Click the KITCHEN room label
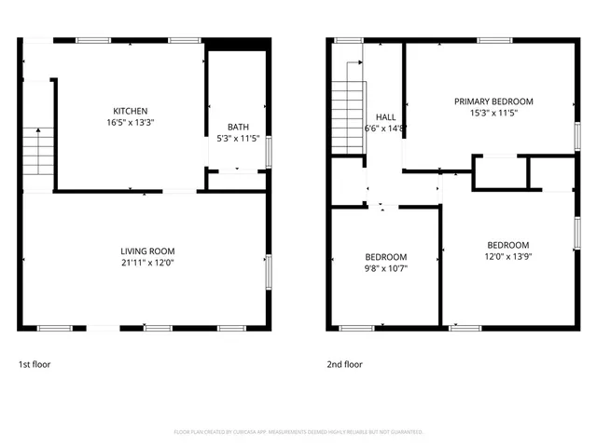(131, 111)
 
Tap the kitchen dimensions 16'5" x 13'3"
(131, 122)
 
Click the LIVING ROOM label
(147, 251)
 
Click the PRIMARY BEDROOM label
(493, 102)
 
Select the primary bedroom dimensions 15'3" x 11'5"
(493, 113)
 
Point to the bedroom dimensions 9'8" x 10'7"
(385, 268)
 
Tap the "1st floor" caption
(35, 364)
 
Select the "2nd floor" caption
(344, 364)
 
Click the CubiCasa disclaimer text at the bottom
(298, 432)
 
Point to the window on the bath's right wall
(270, 151)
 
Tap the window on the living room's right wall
(270, 271)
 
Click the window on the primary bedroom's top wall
(493, 40)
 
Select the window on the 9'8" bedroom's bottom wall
(355, 327)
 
